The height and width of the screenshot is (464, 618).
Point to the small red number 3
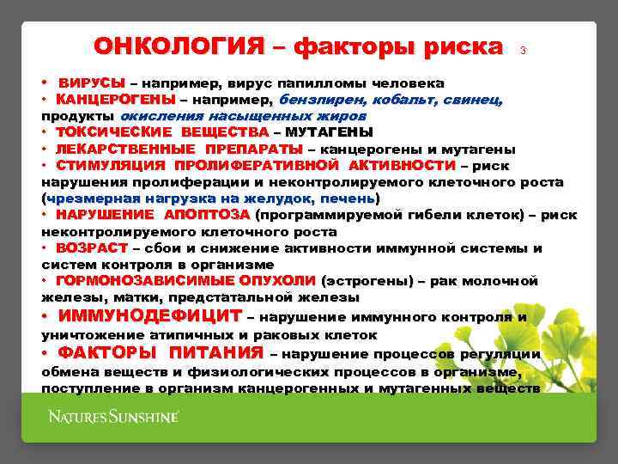coord(523,51)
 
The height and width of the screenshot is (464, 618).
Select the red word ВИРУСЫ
coord(91,83)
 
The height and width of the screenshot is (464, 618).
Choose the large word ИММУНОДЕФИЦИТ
coord(149,316)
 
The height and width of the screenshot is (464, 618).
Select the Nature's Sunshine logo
coord(112,418)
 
